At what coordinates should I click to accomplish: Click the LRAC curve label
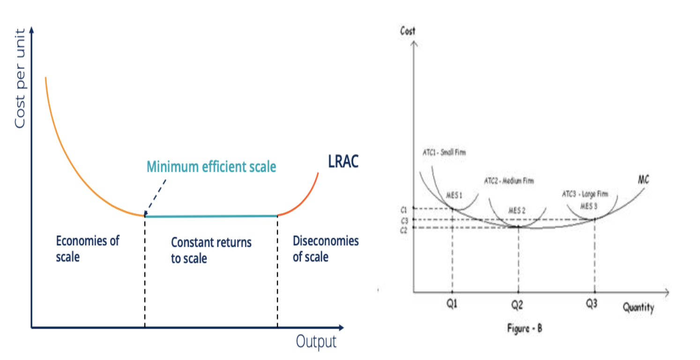(343, 163)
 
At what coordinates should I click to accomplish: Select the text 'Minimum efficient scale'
(211, 166)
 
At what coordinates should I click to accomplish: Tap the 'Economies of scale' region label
(88, 248)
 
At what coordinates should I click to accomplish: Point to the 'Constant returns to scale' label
(211, 250)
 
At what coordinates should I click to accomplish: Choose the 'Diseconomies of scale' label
(326, 248)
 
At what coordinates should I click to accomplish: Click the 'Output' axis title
(316, 341)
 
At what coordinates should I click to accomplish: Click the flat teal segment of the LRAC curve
(211, 216)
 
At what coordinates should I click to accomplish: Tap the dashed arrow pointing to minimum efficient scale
(156, 196)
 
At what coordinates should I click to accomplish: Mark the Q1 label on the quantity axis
(452, 304)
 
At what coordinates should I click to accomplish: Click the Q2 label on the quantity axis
(517, 304)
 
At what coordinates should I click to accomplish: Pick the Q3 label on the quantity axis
(592, 304)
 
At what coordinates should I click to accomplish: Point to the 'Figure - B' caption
(524, 328)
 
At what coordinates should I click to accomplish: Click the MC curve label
(642, 180)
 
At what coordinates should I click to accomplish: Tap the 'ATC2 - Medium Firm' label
(508, 180)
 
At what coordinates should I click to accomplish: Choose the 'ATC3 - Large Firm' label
(591, 193)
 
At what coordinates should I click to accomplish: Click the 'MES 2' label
(516, 210)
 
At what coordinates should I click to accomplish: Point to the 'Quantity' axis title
(638, 307)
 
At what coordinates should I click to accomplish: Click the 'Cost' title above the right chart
(408, 31)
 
